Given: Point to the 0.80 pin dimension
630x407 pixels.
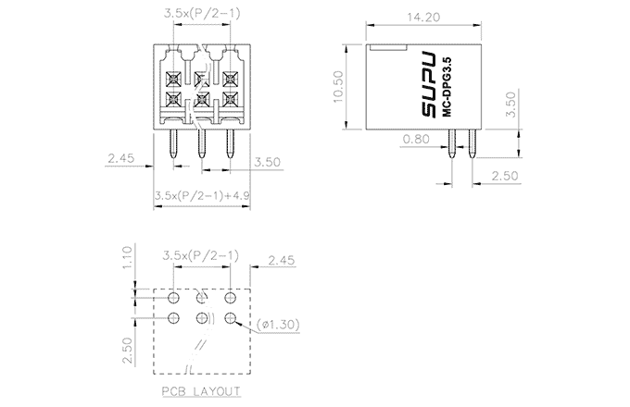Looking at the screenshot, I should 416,140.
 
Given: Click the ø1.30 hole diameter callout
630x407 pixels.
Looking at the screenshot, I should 279,325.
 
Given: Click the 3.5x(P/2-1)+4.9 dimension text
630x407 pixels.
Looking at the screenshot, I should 201,195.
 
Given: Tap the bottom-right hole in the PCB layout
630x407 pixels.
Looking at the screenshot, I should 230,318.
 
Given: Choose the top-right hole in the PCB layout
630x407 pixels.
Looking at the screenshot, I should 230,298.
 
